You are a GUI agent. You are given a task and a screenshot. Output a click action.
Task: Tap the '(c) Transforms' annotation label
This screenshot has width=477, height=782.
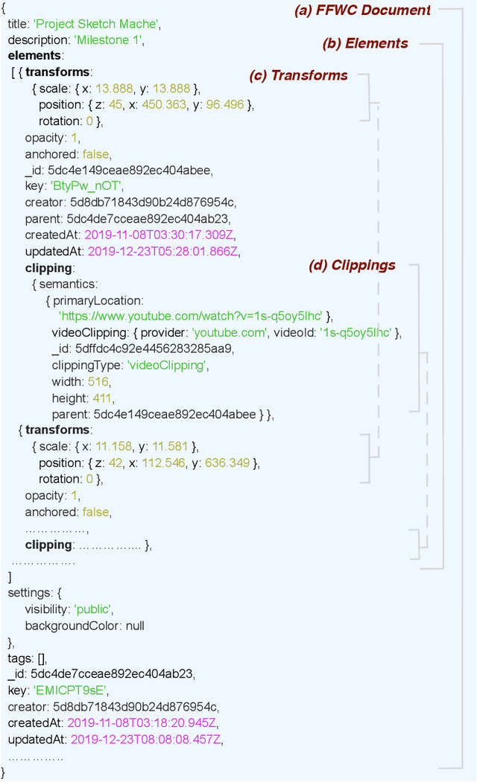[298, 75]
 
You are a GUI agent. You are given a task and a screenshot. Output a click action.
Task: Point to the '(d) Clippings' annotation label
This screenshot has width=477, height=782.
[352, 264]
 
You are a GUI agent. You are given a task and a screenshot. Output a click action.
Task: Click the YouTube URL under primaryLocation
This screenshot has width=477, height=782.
[191, 316]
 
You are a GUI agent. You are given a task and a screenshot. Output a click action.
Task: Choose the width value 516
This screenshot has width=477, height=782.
[98, 381]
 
